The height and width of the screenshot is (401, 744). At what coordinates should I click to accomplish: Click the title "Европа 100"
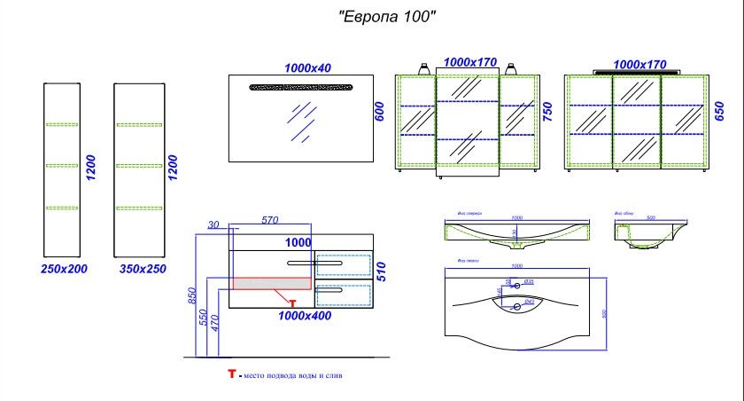(x=387, y=17)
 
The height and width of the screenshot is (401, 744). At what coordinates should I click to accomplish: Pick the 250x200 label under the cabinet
(x=65, y=267)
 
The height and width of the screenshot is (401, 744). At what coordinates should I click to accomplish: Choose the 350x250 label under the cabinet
(x=141, y=267)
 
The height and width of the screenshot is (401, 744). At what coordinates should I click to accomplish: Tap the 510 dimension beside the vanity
(x=382, y=271)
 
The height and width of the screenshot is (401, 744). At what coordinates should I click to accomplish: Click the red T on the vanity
(x=292, y=303)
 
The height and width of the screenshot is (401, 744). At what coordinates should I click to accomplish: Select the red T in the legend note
(x=232, y=376)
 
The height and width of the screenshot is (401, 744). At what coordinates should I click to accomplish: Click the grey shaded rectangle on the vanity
(x=270, y=282)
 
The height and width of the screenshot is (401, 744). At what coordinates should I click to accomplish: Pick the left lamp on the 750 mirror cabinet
(x=423, y=67)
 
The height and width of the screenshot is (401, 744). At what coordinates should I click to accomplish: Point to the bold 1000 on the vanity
(x=298, y=240)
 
